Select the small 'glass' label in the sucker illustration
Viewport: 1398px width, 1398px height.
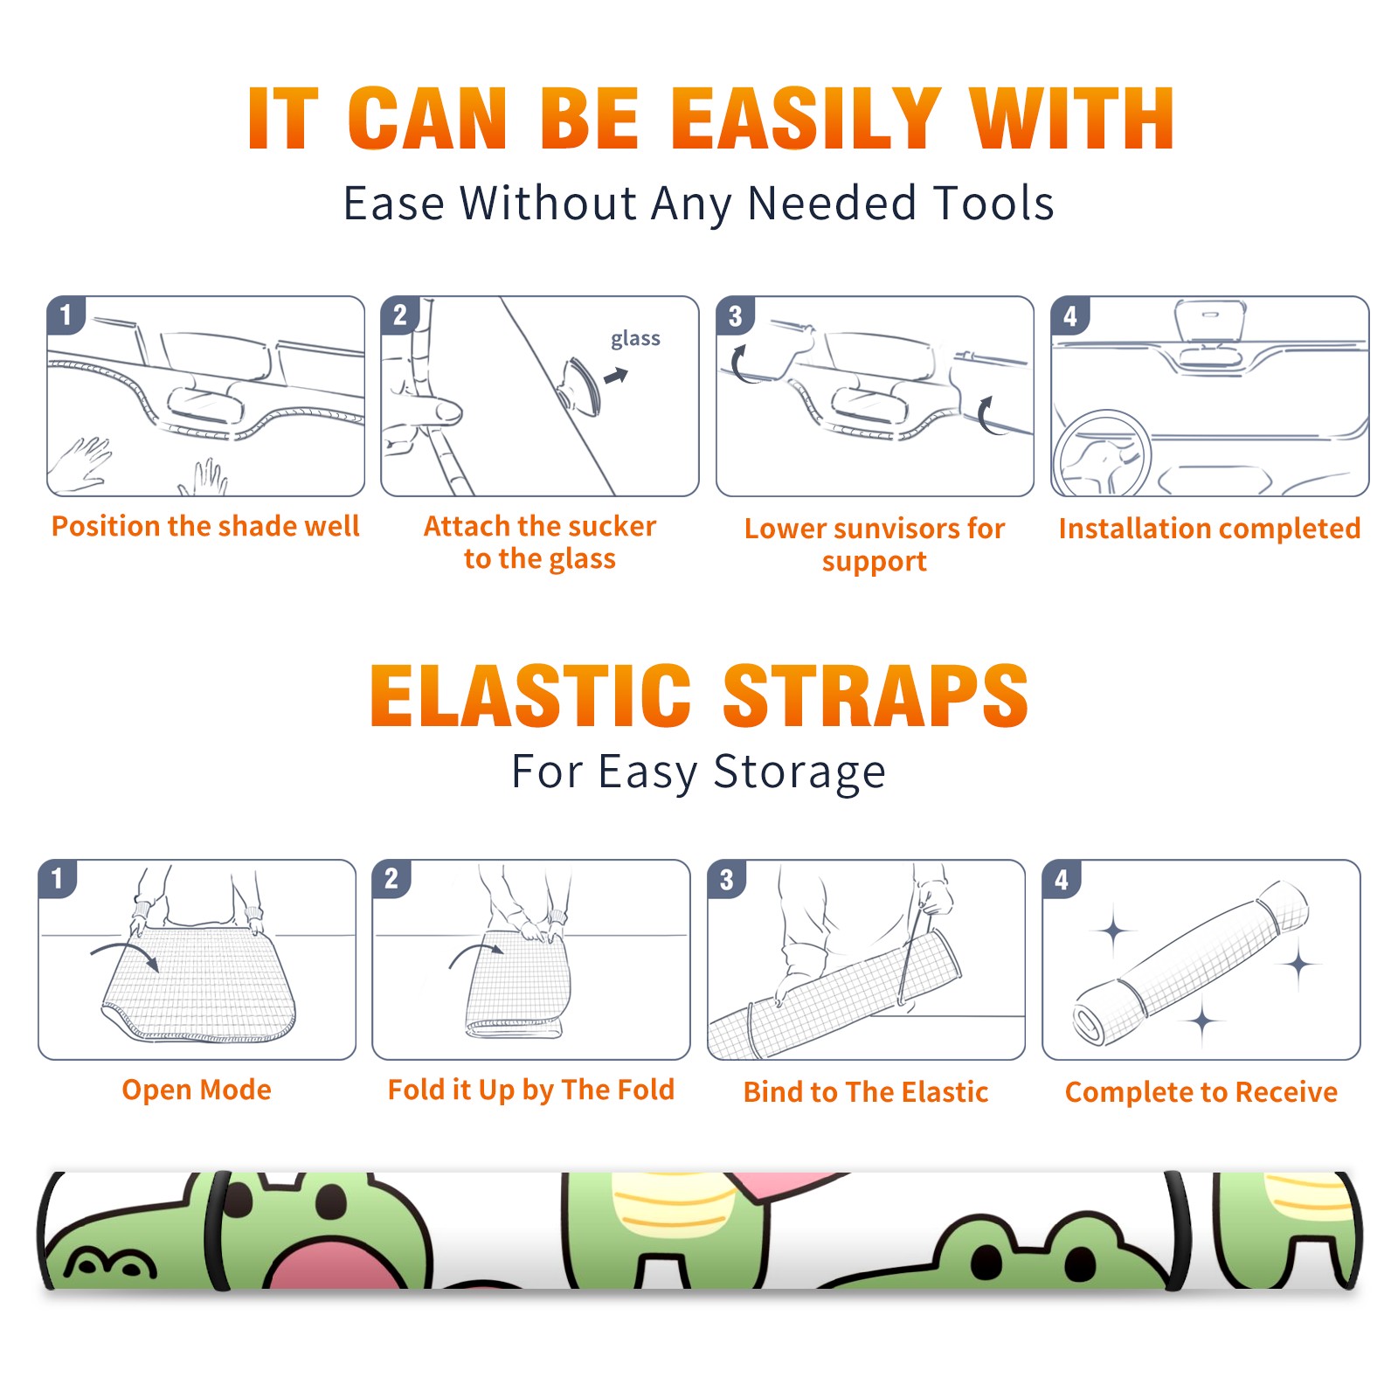coord(635,339)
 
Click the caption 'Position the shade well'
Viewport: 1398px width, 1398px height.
coord(205,526)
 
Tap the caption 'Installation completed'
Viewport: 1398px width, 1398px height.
coord(1209,528)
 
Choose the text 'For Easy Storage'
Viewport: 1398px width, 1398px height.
coord(699,772)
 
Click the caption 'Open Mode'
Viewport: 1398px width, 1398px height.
coord(197,1090)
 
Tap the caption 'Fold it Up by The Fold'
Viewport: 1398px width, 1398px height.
coord(531,1090)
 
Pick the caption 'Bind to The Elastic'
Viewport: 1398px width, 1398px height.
coord(866,1092)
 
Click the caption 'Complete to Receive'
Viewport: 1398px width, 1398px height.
coord(1201,1092)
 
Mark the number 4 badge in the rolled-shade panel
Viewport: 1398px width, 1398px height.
coord(1062,879)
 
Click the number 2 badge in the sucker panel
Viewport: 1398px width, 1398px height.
coord(400,315)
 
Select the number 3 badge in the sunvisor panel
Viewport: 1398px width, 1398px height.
coord(735,315)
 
